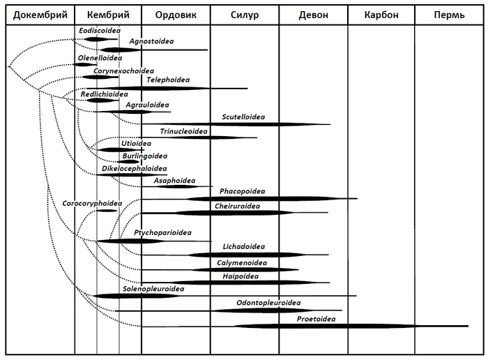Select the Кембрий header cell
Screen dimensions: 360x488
pos(108,15)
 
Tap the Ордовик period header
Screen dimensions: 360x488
pos(176,15)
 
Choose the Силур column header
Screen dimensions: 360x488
pos(245,15)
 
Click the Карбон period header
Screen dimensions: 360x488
pos(381,15)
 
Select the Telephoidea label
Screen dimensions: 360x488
pos(168,80)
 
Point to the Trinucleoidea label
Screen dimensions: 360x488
pos(184,130)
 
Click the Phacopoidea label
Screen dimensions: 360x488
pos(242,191)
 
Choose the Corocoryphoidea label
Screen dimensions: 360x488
pos(92,203)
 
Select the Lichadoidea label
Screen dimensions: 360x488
pos(243,247)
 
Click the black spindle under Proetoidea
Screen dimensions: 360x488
pos(328,326)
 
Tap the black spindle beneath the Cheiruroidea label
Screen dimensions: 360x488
pos(230,213)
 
